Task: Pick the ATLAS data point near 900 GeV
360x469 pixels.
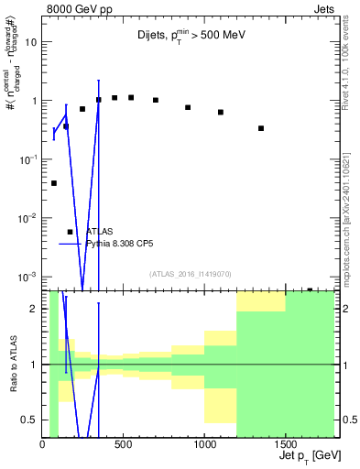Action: point(188,107)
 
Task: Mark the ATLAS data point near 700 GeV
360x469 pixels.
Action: point(156,100)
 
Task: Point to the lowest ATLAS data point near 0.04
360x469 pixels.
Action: point(54,183)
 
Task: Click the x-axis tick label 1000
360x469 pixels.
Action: point(204,446)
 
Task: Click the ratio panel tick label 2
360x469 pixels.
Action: point(35,309)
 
